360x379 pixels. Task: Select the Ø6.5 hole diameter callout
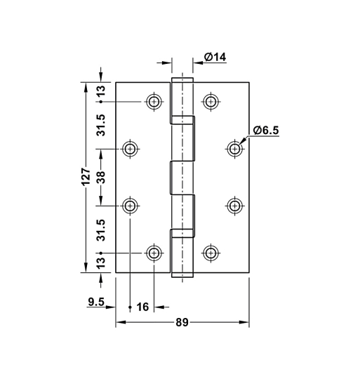click(266, 131)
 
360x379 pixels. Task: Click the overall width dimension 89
click(182, 323)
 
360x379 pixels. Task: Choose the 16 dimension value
click(143, 307)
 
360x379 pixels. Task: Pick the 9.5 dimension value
click(97, 303)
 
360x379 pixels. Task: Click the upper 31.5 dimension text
click(101, 125)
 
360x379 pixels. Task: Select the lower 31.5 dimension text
click(101, 229)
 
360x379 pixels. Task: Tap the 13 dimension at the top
click(101, 91)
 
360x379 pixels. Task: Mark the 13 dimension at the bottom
click(101, 262)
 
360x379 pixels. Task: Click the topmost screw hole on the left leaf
click(154, 101)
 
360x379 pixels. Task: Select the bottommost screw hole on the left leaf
click(154, 253)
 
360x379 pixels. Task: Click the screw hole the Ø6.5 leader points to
click(235, 148)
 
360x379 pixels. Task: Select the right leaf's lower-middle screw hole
click(235, 206)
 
